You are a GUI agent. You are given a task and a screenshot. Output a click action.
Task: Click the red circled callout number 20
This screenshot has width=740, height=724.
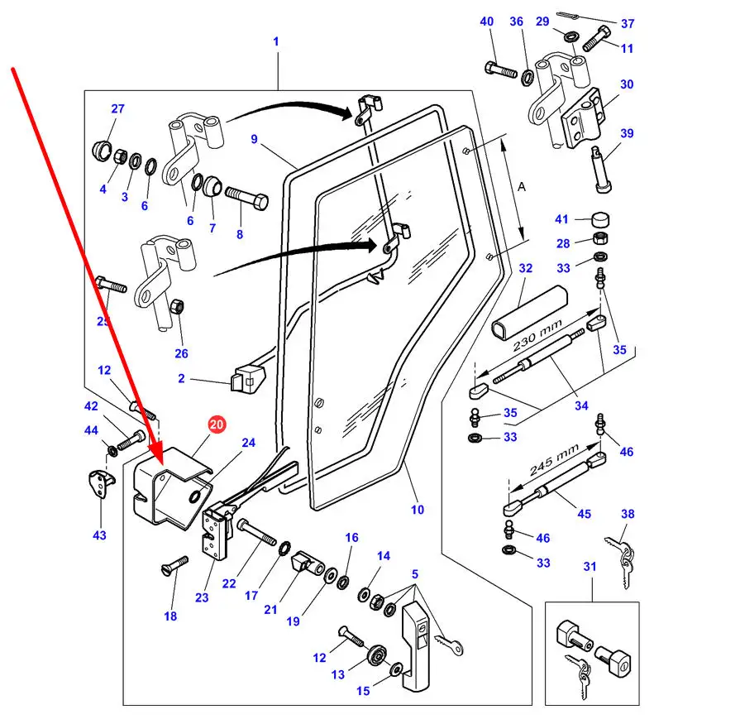pyautogui.click(x=216, y=425)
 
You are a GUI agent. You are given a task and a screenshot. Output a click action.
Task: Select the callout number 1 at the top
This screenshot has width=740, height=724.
pyautogui.click(x=276, y=41)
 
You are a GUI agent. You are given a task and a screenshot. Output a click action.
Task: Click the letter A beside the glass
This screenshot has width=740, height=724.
pyautogui.click(x=521, y=187)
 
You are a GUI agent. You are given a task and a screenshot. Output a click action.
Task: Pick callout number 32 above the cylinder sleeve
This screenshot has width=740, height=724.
pyautogui.click(x=526, y=269)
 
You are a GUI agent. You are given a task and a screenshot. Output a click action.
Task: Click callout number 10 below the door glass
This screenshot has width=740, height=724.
pyautogui.click(x=417, y=510)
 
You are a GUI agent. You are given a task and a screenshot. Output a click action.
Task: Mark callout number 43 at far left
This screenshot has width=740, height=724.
pyautogui.click(x=99, y=535)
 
